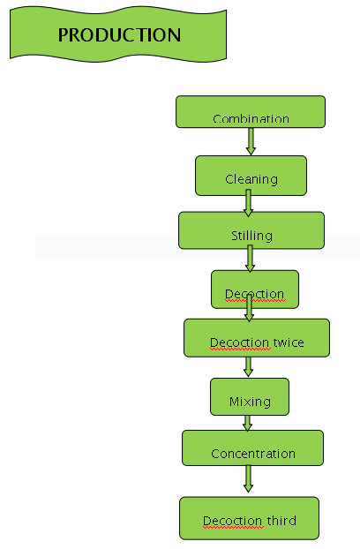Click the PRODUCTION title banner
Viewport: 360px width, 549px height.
point(118,34)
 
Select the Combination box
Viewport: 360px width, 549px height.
point(251,111)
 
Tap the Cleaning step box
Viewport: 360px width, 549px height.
point(251,176)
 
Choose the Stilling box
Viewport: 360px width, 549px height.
point(251,230)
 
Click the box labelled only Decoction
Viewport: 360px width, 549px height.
point(255,290)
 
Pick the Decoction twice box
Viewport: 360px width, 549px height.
point(257,338)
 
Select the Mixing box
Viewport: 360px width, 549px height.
point(250,396)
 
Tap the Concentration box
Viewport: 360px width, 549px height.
point(252,447)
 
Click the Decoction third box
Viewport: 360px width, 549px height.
point(249,518)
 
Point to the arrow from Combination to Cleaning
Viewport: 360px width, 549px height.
point(251,141)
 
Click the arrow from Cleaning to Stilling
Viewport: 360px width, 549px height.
point(248,203)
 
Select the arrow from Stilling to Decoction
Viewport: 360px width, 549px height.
point(250,259)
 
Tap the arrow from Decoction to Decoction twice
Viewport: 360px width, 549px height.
point(249,308)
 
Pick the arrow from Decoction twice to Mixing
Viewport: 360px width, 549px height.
point(248,366)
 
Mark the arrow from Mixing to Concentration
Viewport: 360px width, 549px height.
point(247,424)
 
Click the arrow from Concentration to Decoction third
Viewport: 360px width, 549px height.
point(248,478)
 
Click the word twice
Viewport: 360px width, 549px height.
point(289,342)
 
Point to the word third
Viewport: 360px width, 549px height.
point(281,520)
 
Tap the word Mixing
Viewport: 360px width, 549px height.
point(250,402)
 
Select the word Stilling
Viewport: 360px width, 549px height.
point(251,236)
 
